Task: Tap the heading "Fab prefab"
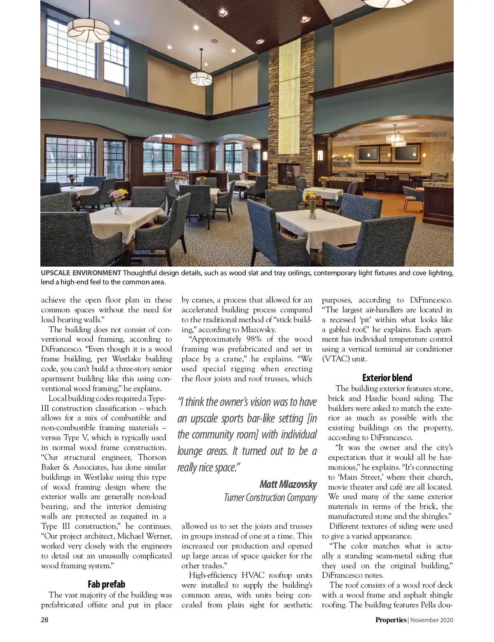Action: click(106, 584)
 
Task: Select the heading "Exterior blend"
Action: click(387, 378)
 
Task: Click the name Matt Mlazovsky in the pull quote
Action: click(288, 484)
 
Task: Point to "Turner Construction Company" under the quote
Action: click(270, 498)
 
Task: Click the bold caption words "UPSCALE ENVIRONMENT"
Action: click(80, 273)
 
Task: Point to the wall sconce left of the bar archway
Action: click(319, 155)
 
